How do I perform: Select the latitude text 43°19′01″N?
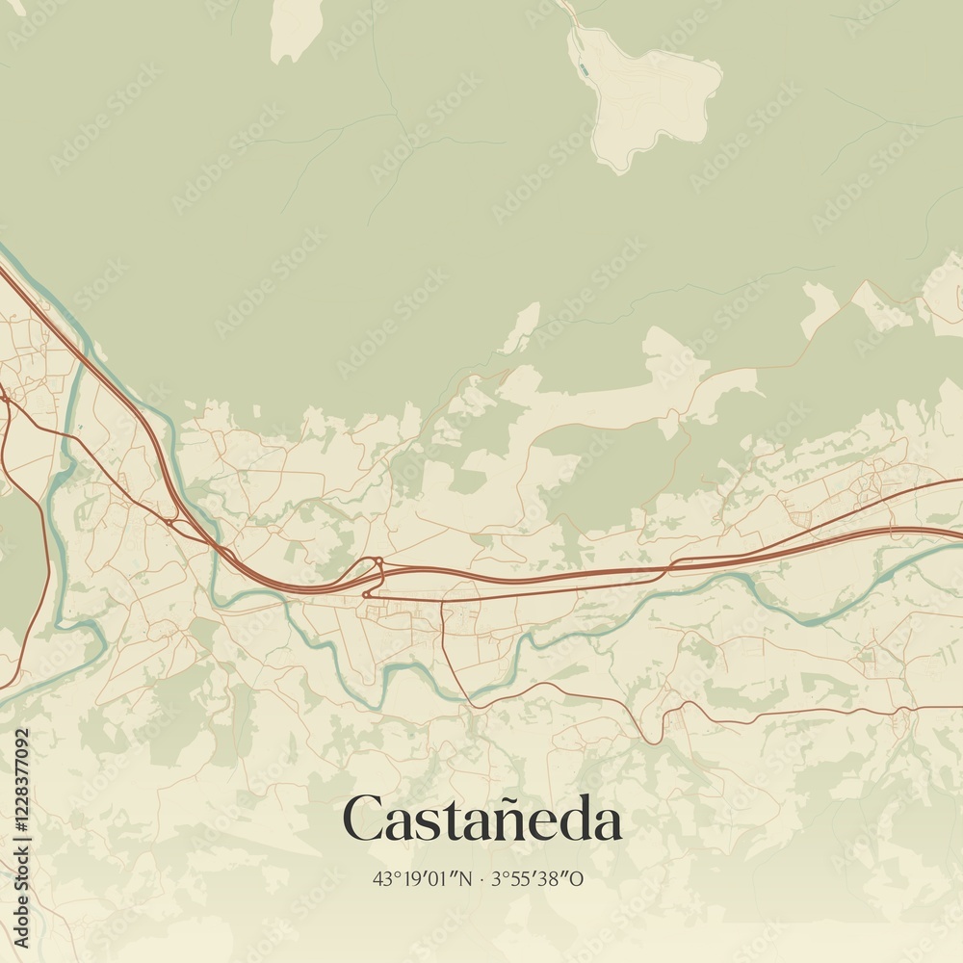[x=423, y=878]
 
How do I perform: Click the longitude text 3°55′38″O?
[x=537, y=878]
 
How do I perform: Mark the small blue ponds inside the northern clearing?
[x=582, y=69]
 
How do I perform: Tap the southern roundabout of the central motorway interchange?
[x=367, y=594]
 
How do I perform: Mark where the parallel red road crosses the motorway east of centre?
[x=674, y=562]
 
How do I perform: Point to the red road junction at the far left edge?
[x=5, y=397]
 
